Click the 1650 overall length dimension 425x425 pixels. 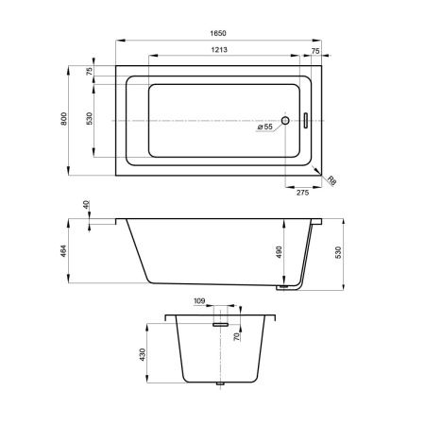click(218, 33)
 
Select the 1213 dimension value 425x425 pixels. click(219, 50)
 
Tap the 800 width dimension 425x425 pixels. click(64, 119)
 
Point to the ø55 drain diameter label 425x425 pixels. click(265, 127)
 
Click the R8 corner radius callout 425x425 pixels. click(331, 180)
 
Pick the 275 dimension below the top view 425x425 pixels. click(302, 193)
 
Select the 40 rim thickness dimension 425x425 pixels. click(86, 205)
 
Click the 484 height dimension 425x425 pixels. click(64, 251)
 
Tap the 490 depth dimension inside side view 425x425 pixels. click(279, 252)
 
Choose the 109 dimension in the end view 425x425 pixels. click(199, 301)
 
